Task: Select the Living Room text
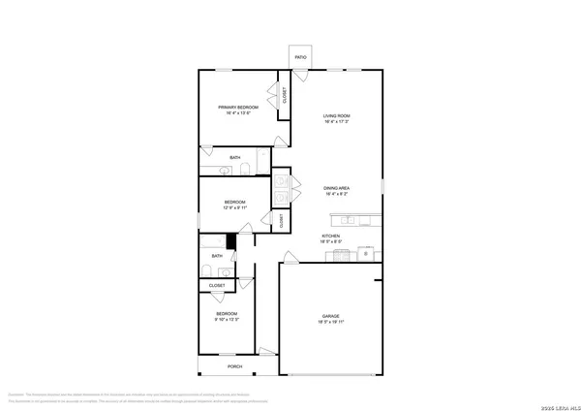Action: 335,117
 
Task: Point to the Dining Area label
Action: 336,188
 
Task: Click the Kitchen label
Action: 331,237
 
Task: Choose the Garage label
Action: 331,315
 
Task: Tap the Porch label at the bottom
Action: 234,367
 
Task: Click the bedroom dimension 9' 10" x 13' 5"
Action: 227,319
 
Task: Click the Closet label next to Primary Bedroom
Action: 285,95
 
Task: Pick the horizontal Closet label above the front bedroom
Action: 217,285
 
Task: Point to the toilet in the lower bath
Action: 207,270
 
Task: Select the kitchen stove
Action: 342,255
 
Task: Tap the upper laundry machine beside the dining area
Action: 281,178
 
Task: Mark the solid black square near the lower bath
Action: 231,241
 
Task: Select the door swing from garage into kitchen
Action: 289,258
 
